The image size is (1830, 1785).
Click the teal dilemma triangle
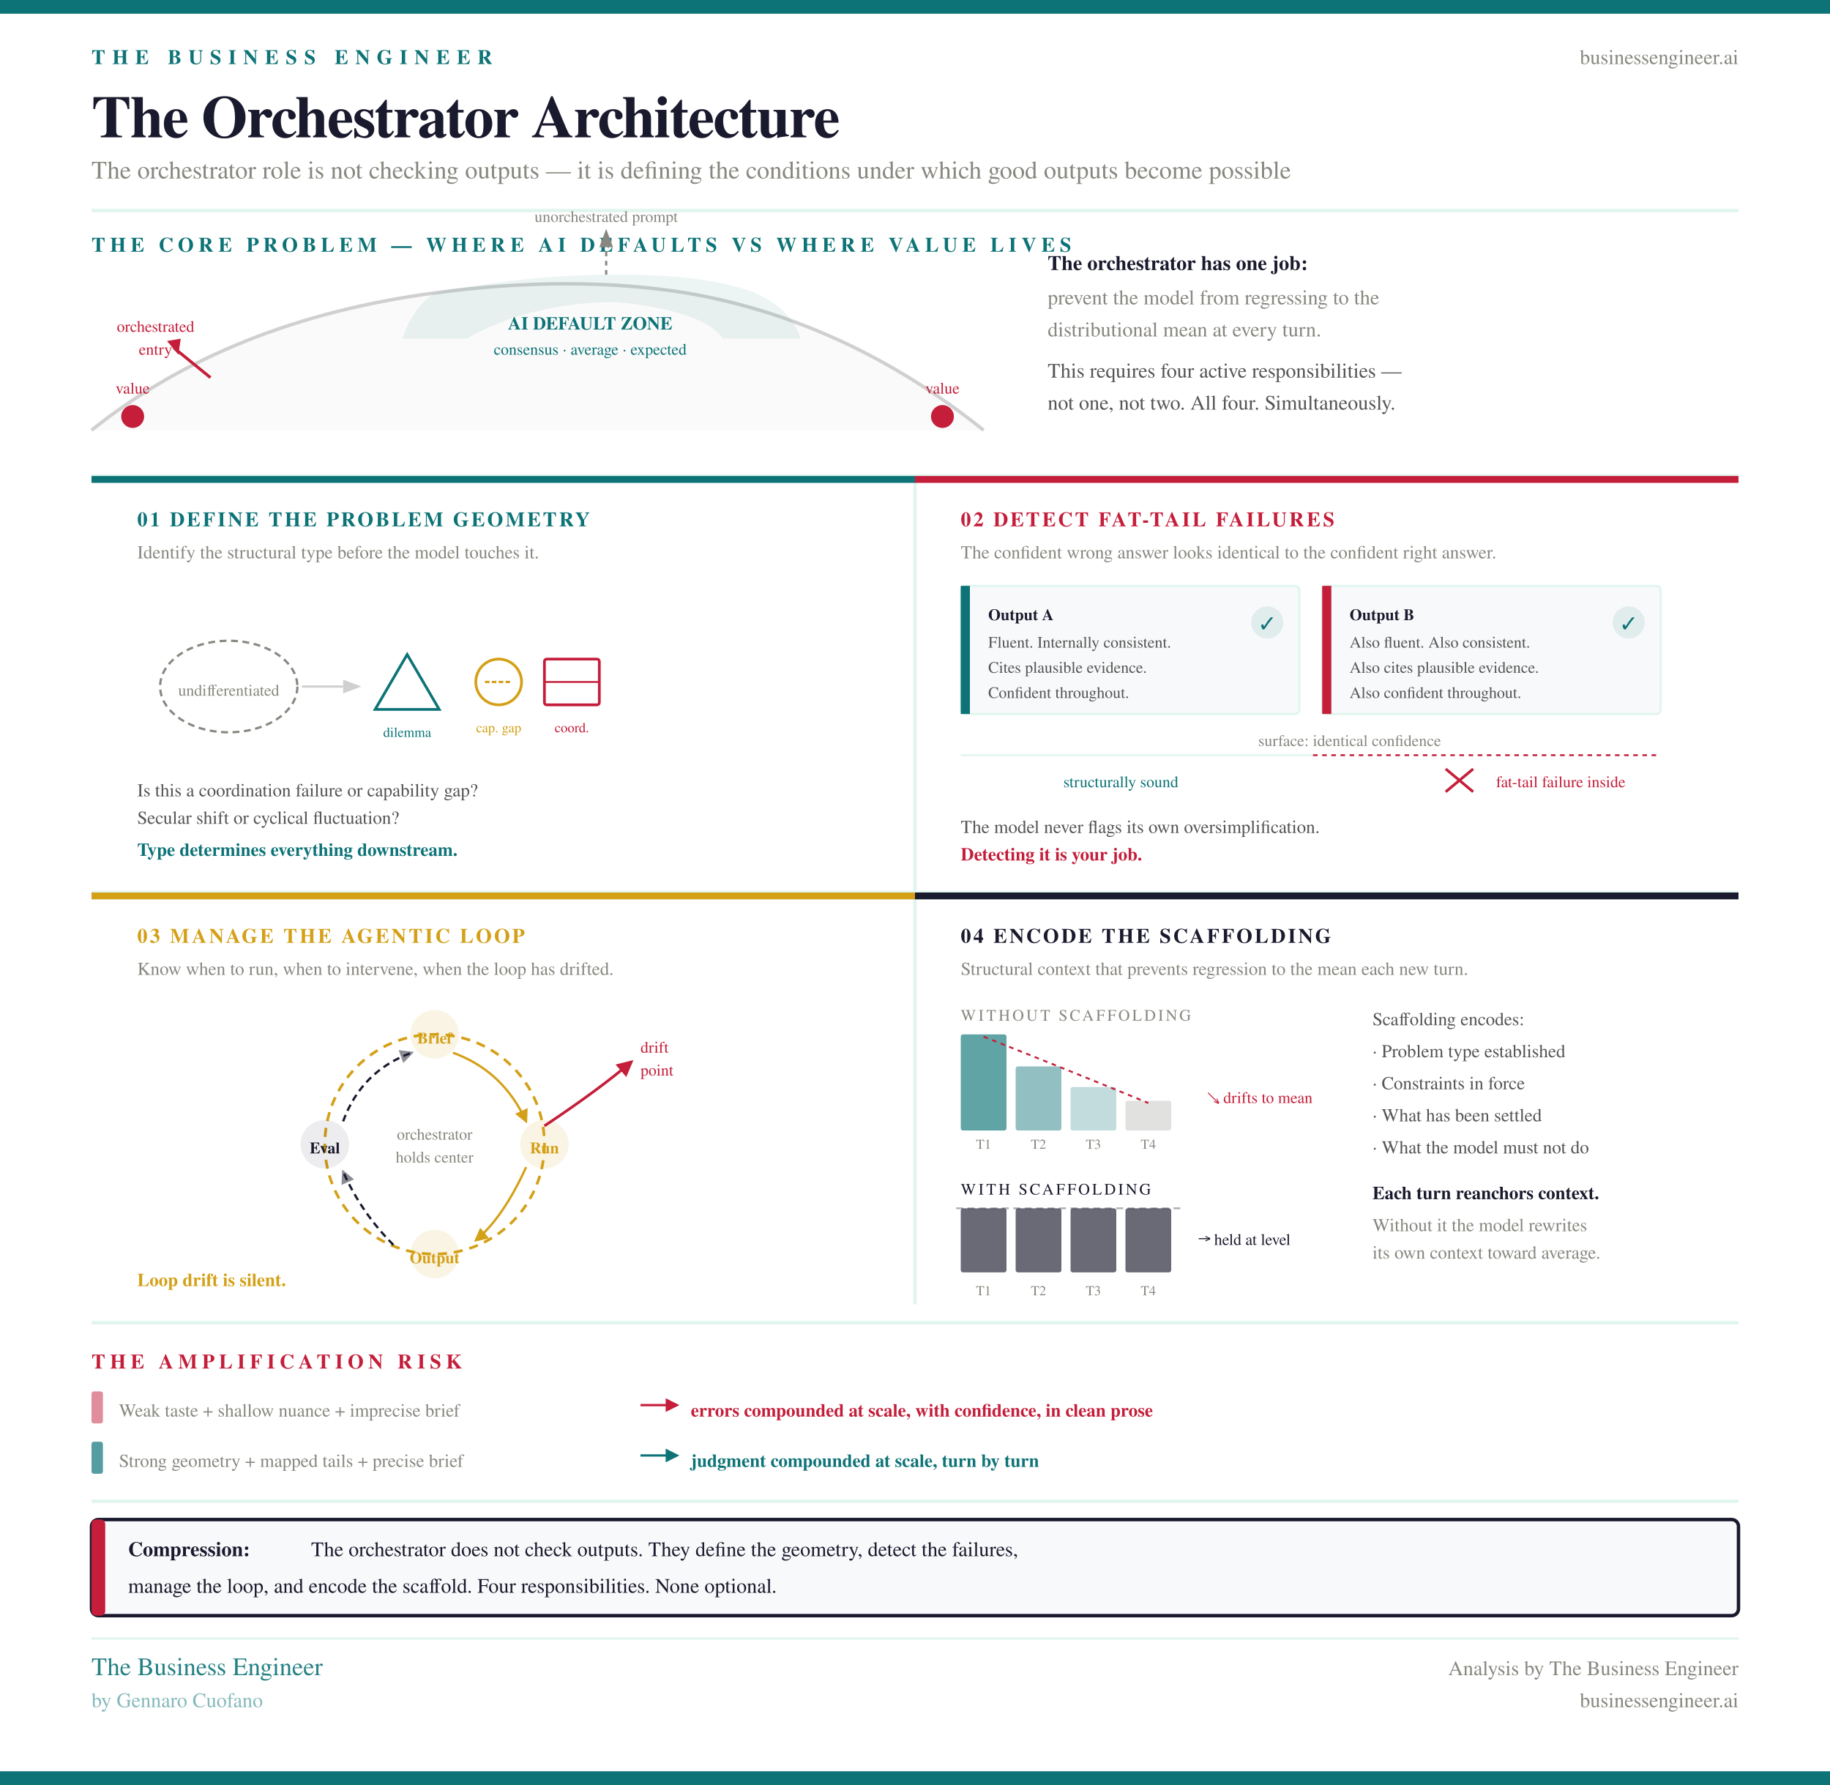[x=407, y=685]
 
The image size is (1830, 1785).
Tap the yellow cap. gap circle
[x=498, y=682]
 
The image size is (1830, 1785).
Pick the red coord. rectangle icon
[x=571, y=682]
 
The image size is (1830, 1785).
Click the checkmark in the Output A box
[x=1266, y=622]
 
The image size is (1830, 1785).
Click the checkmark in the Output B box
[x=1627, y=622]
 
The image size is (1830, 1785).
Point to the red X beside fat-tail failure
[x=1459, y=780]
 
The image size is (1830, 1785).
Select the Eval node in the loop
[x=324, y=1146]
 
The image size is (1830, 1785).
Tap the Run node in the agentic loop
[x=544, y=1146]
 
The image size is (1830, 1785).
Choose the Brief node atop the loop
[x=434, y=1036]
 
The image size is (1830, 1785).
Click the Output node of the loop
[x=434, y=1256]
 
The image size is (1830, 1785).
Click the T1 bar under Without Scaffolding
[x=982, y=1083]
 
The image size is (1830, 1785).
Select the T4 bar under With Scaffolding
[x=1148, y=1240]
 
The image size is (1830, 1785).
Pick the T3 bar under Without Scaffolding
[x=1093, y=1108]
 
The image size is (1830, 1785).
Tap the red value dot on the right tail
[x=942, y=417]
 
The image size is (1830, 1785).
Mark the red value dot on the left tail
[x=133, y=417]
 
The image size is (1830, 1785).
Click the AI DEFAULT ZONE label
[x=590, y=324]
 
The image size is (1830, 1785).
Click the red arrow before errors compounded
[x=659, y=1405]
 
